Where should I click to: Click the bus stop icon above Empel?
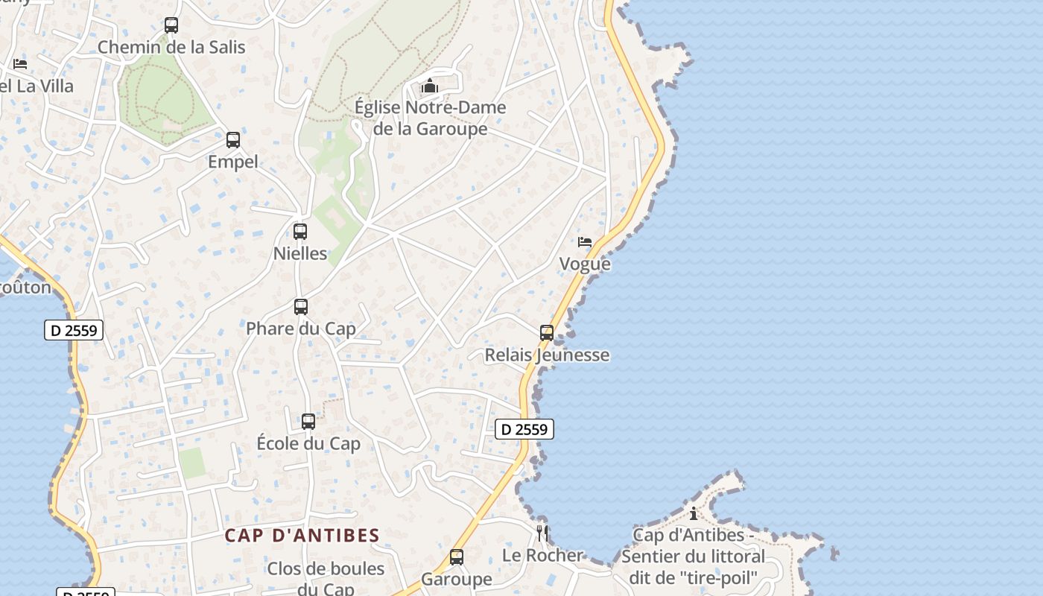click(x=233, y=139)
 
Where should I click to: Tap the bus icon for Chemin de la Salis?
click(x=171, y=25)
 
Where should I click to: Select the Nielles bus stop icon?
click(x=300, y=232)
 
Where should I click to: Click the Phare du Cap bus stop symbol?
click(x=301, y=306)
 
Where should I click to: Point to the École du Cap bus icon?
click(x=308, y=422)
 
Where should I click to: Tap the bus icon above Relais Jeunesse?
click(x=547, y=333)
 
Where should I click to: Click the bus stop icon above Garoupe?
click(x=457, y=557)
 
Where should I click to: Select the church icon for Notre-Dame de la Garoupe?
click(x=430, y=86)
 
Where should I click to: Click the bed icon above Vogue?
click(x=585, y=242)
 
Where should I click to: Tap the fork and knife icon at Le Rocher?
click(x=542, y=533)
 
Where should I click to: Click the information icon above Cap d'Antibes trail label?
click(x=694, y=513)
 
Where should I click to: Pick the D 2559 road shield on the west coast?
click(x=74, y=330)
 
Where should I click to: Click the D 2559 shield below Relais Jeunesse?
click(x=524, y=429)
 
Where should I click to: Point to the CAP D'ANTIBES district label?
click(x=302, y=536)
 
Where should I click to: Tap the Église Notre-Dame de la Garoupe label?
click(x=430, y=118)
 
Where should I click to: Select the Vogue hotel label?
click(x=585, y=264)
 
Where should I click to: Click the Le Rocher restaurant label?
click(x=542, y=555)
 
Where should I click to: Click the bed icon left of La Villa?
click(x=20, y=64)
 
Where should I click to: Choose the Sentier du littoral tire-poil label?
click(x=693, y=557)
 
